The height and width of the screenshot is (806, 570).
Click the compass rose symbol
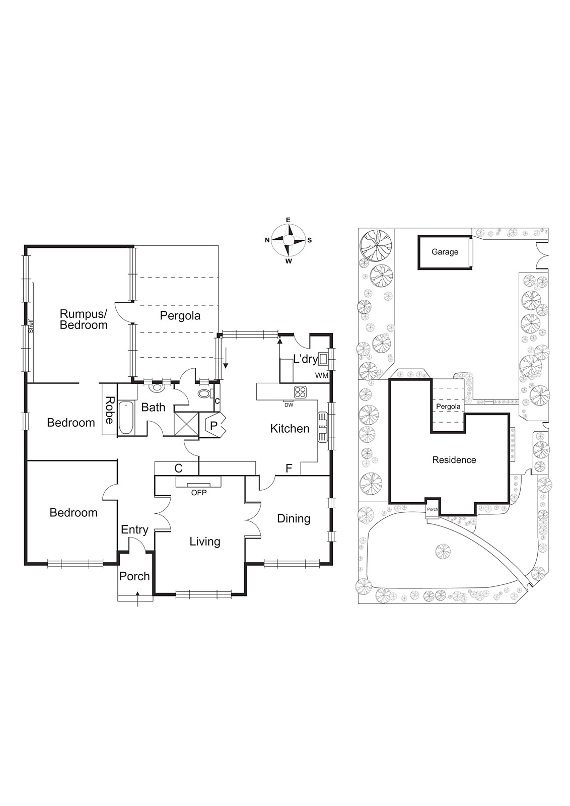pyautogui.click(x=289, y=240)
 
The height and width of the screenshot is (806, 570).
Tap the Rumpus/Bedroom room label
pyautogui.click(x=84, y=319)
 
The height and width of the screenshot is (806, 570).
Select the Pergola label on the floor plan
pyautogui.click(x=180, y=316)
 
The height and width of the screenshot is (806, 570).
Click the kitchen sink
pyautogui.click(x=322, y=427)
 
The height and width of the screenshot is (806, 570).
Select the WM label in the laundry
pyautogui.click(x=321, y=375)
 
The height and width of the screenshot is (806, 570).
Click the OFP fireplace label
pyautogui.click(x=198, y=492)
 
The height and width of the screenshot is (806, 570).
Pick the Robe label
pyautogui.click(x=109, y=410)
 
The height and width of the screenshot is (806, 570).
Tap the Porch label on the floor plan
pyautogui.click(x=134, y=576)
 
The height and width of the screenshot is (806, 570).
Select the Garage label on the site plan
pyautogui.click(x=445, y=252)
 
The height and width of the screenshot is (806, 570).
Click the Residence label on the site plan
pyautogui.click(x=454, y=459)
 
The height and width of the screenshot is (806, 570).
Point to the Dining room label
pyautogui.click(x=294, y=518)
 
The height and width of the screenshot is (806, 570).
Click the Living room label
pyautogui.click(x=205, y=542)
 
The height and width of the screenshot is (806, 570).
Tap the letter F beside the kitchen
pyautogui.click(x=289, y=468)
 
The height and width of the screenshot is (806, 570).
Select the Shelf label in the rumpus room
pyautogui.click(x=31, y=327)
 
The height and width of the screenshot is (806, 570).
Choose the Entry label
pyautogui.click(x=134, y=529)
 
